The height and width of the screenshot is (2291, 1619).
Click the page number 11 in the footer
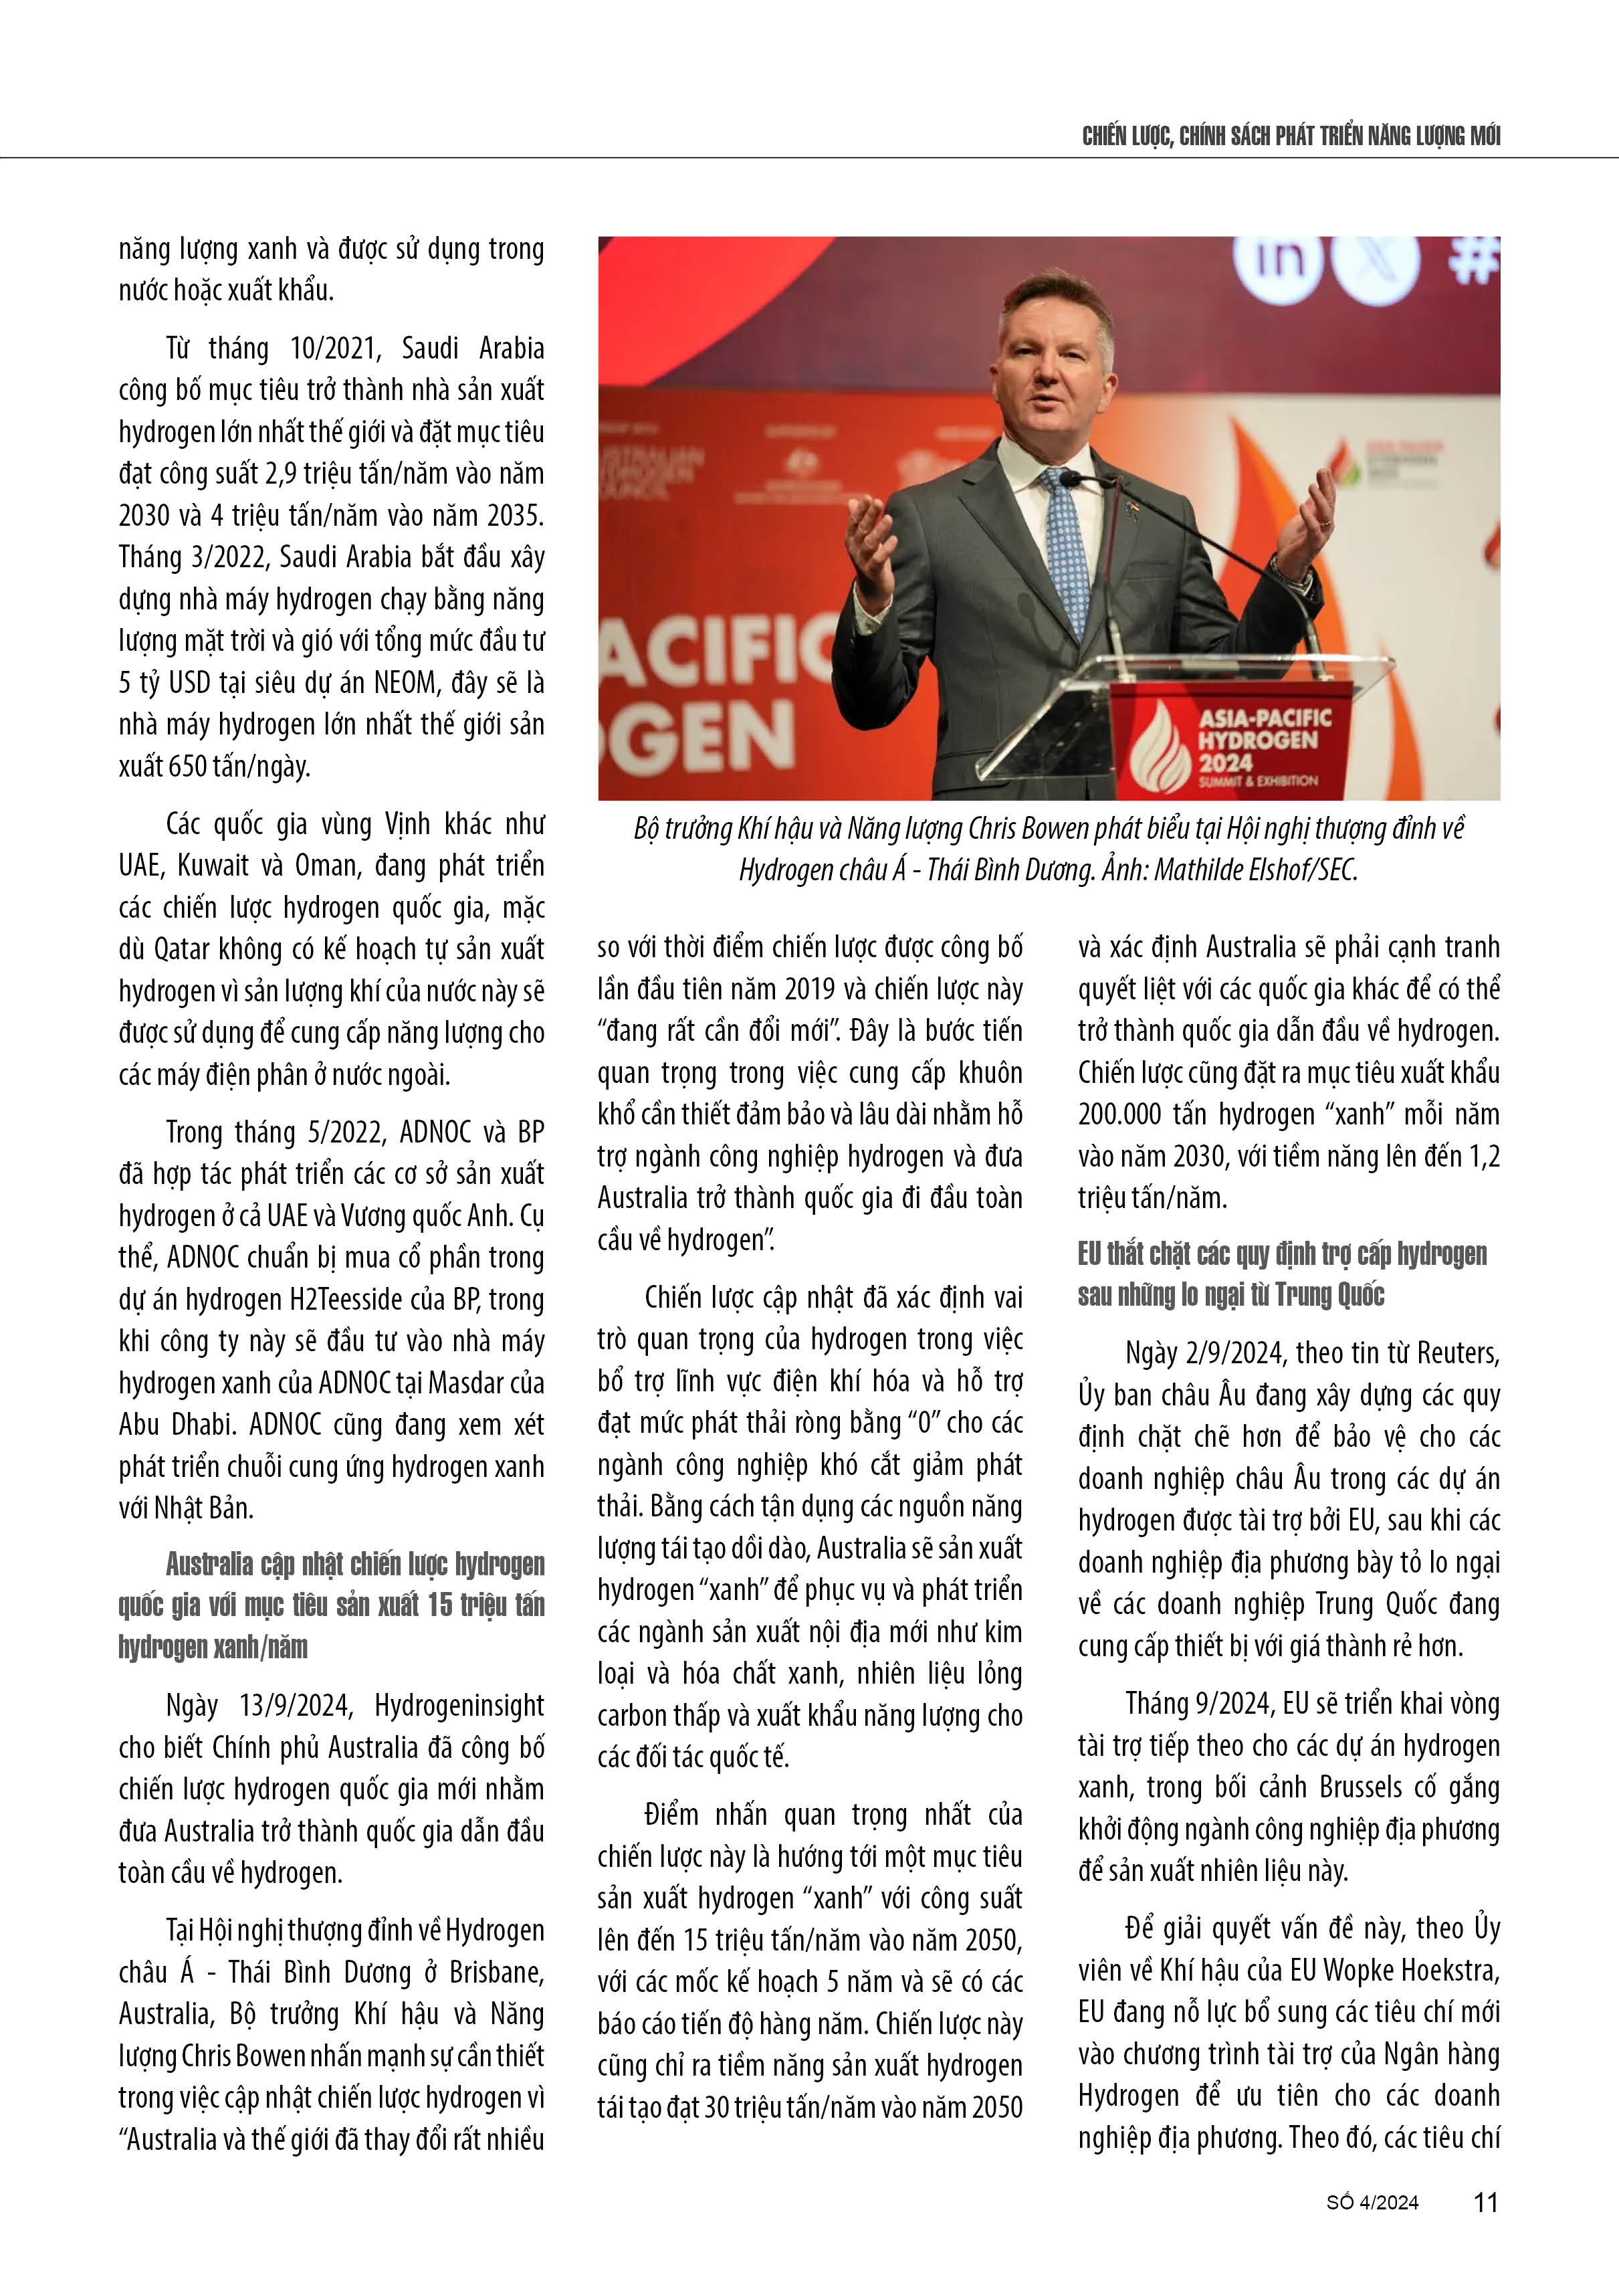(x=1485, y=2202)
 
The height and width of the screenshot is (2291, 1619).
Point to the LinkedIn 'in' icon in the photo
(x=1278, y=262)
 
